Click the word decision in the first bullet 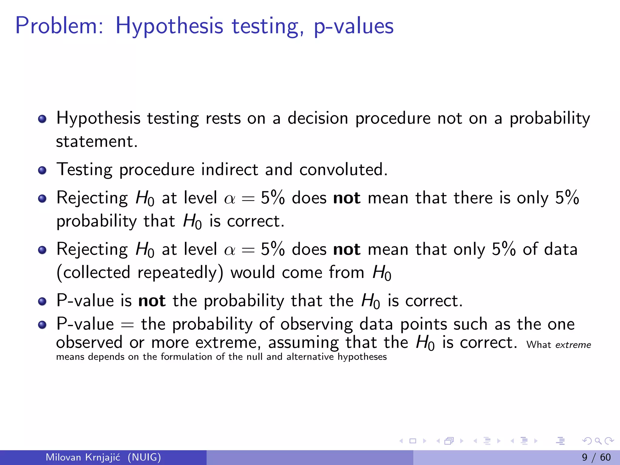pyautogui.click(x=318, y=118)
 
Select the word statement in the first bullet pyautogui.click(x=97, y=142)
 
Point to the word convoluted pyautogui.click(x=343, y=170)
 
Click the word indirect pyautogui.click(x=229, y=170)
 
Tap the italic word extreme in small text pyautogui.click(x=573, y=345)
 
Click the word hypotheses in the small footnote pyautogui.click(x=362, y=357)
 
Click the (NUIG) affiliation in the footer pyautogui.click(x=144, y=457)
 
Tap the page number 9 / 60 pyautogui.click(x=596, y=457)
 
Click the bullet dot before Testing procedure pyautogui.click(x=42, y=170)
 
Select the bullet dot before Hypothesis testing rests pyautogui.click(x=42, y=119)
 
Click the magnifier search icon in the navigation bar pyautogui.click(x=598, y=441)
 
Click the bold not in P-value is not pyautogui.click(x=152, y=301)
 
